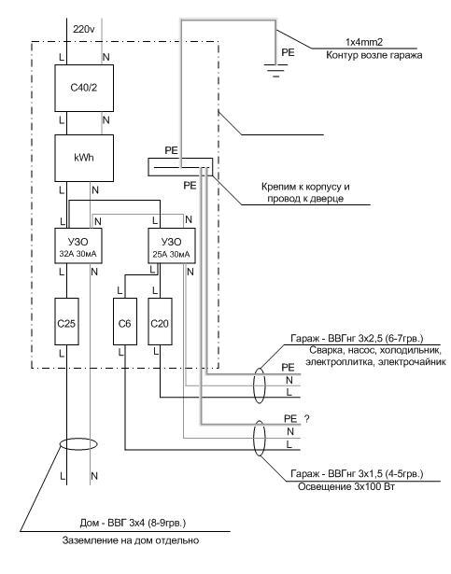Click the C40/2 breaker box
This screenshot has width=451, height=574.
tap(84, 88)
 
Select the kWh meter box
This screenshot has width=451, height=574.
tap(84, 158)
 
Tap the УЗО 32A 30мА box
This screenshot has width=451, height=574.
tap(78, 245)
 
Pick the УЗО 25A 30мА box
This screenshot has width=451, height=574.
tap(172, 245)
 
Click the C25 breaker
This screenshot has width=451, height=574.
tap(66, 321)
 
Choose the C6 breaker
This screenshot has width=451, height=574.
tap(125, 321)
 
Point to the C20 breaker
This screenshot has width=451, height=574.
tap(160, 321)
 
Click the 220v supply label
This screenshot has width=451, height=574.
tap(84, 29)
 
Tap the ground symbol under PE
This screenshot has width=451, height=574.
tap(275, 70)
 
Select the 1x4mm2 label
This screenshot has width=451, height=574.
tap(364, 42)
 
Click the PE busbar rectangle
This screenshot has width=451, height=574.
tap(180, 167)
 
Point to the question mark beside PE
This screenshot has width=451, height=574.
tap(307, 418)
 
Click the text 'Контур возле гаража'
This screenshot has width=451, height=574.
tap(374, 55)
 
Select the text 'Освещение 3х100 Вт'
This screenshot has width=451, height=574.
tap(346, 487)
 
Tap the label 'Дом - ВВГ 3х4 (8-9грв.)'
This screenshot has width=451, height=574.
tap(133, 523)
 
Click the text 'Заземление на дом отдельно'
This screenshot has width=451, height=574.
tap(131, 540)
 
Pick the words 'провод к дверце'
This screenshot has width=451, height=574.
tap(305, 199)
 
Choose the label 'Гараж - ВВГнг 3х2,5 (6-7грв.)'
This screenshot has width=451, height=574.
tap(357, 338)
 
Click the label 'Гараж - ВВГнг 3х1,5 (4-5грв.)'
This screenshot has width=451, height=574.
tap(357, 474)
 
